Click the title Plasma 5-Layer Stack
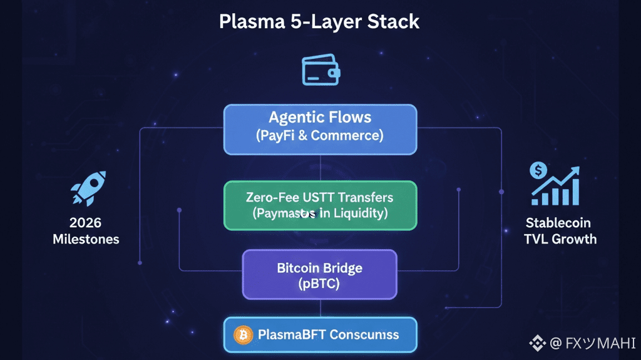click(320, 22)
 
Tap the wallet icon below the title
click(320, 69)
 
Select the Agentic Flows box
click(320, 129)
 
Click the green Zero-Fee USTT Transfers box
click(320, 205)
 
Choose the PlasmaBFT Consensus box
click(320, 335)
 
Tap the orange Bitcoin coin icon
click(243, 335)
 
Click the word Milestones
click(86, 239)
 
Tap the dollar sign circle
click(538, 169)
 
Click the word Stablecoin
click(558, 223)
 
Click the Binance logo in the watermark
click(536, 342)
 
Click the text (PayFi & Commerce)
click(320, 135)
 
